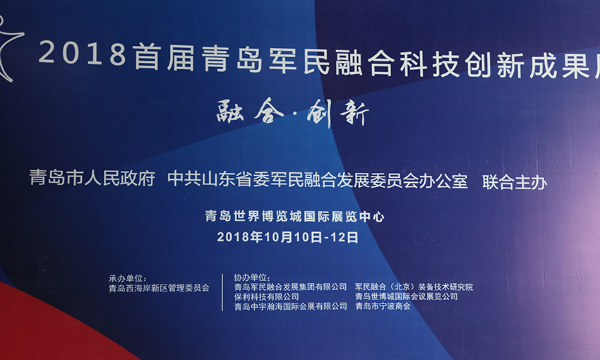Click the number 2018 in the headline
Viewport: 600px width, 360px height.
pos(83,53)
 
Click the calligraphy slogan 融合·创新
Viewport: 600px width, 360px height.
pos(293,112)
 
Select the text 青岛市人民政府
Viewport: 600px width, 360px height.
pos(92,179)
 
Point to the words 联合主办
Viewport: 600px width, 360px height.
pos(515,182)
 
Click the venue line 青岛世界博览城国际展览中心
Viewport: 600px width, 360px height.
pos(294,217)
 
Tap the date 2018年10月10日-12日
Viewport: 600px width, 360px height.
pos(288,237)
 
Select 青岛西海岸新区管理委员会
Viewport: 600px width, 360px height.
pos(159,288)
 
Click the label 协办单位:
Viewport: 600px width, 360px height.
pos(252,277)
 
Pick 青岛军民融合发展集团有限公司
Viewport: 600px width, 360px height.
pos(290,287)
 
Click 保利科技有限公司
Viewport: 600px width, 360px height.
pos(267,296)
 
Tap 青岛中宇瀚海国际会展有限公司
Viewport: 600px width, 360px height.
pos(291,306)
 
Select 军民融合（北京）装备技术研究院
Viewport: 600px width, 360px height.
pos(414,287)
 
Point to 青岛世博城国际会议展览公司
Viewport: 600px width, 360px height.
pos(407,296)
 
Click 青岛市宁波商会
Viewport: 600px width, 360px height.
pos(383,306)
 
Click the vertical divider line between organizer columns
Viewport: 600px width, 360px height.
pos(222,292)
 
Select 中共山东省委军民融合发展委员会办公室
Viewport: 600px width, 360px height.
pos(318,180)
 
